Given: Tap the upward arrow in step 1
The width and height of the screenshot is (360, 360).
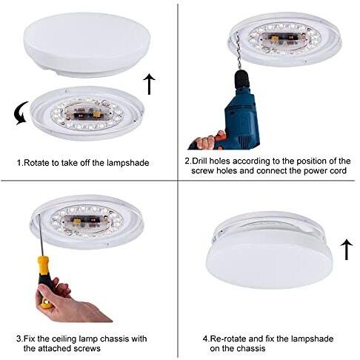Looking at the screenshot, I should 150,84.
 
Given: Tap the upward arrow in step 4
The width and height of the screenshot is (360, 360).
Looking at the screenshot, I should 347,250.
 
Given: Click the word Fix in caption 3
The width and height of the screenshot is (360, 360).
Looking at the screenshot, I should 31,339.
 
